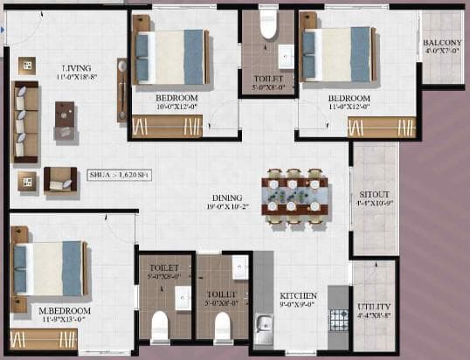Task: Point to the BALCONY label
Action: click(x=442, y=44)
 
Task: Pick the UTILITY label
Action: click(x=374, y=307)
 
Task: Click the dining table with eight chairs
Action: click(x=294, y=196)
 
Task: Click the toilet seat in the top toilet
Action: click(x=268, y=25)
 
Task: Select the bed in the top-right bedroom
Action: click(x=335, y=54)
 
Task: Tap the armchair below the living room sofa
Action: click(x=59, y=178)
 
